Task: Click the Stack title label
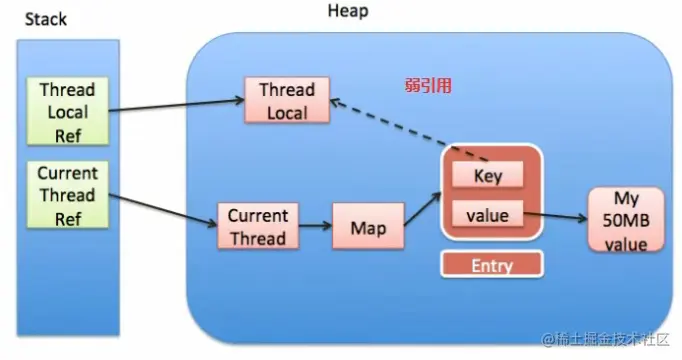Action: click(x=46, y=19)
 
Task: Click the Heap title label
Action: click(x=348, y=10)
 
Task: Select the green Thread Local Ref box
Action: click(x=67, y=111)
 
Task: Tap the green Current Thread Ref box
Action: click(x=67, y=195)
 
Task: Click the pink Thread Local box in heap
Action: click(x=287, y=100)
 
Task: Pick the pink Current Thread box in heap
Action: click(x=258, y=226)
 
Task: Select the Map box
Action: click(x=368, y=226)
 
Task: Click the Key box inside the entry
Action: click(x=488, y=175)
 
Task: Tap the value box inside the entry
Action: click(x=488, y=214)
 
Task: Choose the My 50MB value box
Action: click(x=626, y=220)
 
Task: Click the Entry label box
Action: click(x=492, y=264)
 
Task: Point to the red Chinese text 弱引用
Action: click(x=428, y=85)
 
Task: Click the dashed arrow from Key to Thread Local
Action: click(x=409, y=130)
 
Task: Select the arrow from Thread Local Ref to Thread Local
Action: click(x=176, y=105)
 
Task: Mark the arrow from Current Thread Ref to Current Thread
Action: click(x=163, y=210)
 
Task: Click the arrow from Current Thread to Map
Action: click(x=315, y=226)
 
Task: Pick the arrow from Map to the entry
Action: click(x=423, y=209)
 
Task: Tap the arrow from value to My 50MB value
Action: click(x=555, y=216)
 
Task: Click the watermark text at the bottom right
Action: click(x=605, y=339)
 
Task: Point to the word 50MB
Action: click(x=625, y=220)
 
